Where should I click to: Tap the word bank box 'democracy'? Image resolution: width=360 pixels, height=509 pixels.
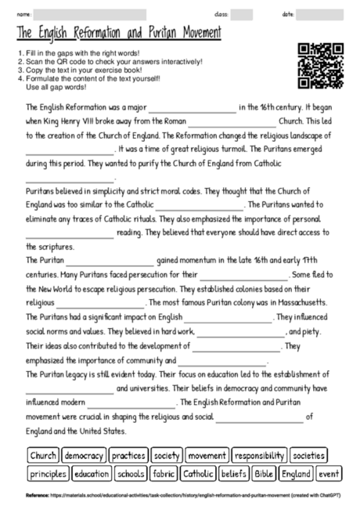[84, 455]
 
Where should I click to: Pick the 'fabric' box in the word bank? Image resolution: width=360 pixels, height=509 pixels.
[164, 474]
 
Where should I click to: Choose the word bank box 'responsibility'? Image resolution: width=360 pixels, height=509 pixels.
[259, 455]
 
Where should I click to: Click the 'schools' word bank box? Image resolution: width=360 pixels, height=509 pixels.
[131, 474]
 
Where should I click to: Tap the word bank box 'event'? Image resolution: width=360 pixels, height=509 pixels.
[329, 474]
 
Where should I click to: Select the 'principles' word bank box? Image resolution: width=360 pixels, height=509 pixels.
[48, 474]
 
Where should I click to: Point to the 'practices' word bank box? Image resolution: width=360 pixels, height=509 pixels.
[128, 455]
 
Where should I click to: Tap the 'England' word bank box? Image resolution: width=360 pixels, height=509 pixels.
[296, 474]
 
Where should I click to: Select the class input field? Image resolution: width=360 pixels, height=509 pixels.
[242, 14]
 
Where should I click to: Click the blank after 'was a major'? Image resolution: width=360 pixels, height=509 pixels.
[192, 108]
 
